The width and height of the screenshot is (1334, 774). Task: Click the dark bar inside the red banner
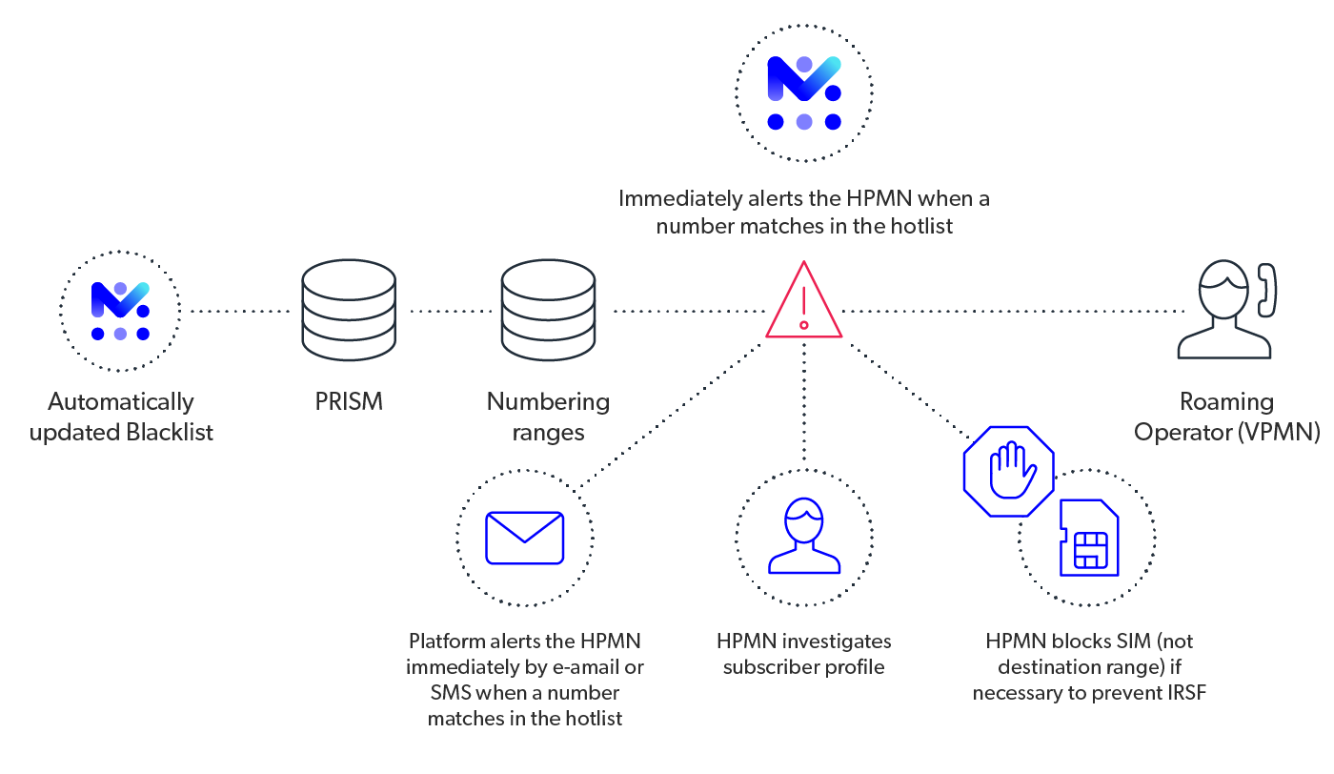click(1010, 321)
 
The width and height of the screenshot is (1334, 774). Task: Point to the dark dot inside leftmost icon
click(141, 311)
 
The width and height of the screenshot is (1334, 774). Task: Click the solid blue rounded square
click(534, 545)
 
